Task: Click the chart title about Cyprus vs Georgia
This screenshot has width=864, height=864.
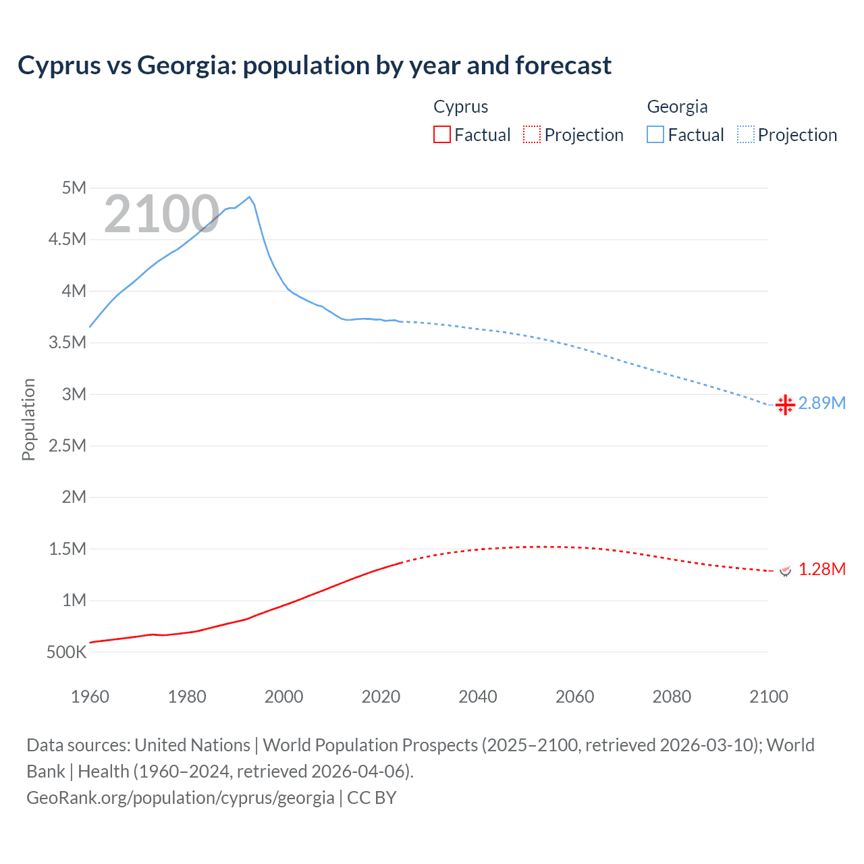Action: tap(315, 65)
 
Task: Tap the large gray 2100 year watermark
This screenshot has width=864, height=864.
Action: tap(161, 214)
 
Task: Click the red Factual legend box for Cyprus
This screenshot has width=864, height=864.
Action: tap(441, 134)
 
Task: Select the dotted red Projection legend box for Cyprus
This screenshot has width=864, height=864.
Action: tap(532, 134)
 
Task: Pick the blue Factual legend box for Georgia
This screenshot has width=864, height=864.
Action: tap(655, 134)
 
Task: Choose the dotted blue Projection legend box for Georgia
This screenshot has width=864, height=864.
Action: tap(745, 134)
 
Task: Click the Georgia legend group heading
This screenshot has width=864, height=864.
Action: tap(677, 107)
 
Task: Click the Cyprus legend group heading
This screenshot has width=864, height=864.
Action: tap(460, 107)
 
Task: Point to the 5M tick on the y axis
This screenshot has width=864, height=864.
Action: tap(74, 188)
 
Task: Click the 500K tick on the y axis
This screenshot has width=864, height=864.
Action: tap(67, 652)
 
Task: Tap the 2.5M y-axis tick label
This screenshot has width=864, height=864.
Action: tap(67, 446)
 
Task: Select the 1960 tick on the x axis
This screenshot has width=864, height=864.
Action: tap(90, 697)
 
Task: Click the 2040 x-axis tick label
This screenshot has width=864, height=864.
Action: tap(478, 697)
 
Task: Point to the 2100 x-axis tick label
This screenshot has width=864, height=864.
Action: tap(768, 697)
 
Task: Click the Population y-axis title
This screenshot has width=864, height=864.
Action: tap(28, 419)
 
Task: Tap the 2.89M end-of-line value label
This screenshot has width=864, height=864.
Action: tap(821, 403)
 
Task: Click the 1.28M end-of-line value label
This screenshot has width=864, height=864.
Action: tap(821, 569)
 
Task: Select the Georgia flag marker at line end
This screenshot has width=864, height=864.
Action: tap(785, 404)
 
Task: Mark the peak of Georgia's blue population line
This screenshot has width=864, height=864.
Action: tap(250, 197)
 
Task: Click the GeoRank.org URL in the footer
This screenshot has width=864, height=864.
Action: tap(180, 797)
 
